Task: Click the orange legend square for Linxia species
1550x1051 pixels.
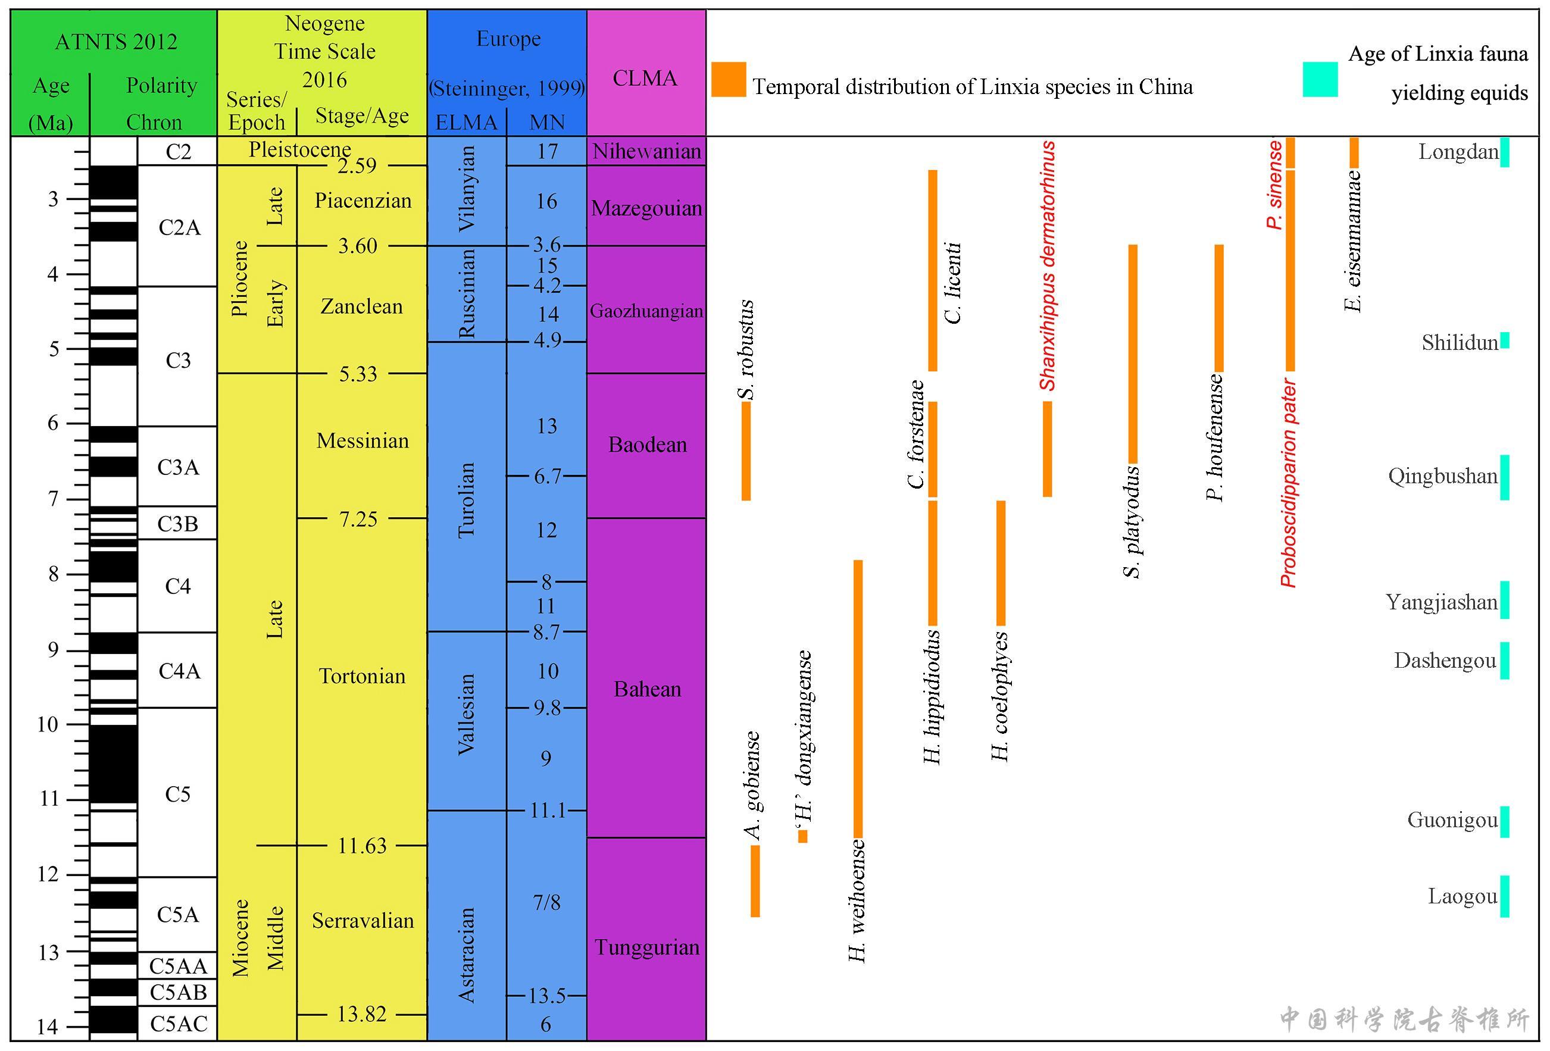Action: click(729, 80)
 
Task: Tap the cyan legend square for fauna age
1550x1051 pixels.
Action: click(1320, 80)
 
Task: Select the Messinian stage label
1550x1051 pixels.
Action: click(362, 441)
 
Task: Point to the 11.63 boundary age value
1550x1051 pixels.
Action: click(361, 846)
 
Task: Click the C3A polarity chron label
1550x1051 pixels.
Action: click(178, 468)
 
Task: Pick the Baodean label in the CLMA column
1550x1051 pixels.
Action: click(647, 445)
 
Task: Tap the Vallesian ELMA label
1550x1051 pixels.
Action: click(466, 714)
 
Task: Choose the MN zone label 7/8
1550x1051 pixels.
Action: click(546, 902)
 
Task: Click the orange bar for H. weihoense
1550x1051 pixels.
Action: click(858, 698)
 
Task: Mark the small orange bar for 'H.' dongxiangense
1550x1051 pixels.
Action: click(803, 836)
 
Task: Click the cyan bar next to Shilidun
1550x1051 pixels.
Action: click(1505, 340)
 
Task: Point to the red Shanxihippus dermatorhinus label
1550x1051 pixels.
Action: click(1048, 265)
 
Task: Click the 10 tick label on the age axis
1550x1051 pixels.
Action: click(48, 724)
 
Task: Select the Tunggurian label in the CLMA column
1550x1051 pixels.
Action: click(647, 947)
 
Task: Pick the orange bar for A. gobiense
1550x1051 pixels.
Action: click(755, 881)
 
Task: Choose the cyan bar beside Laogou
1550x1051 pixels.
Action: click(1505, 896)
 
